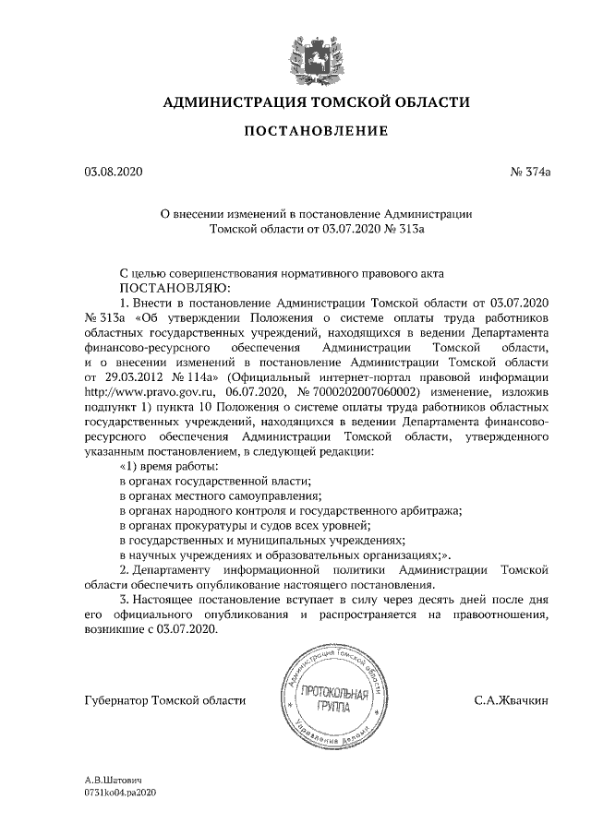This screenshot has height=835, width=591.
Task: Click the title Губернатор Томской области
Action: coord(164,701)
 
